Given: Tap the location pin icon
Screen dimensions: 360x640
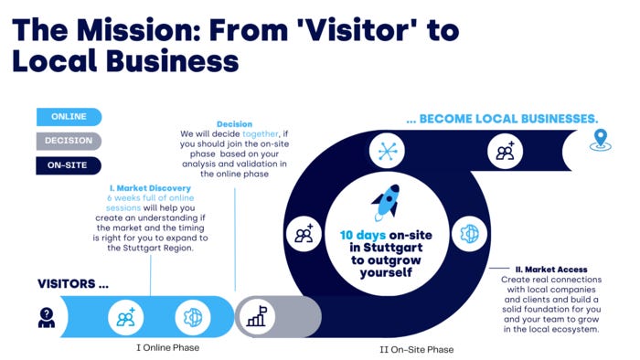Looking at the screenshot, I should pos(601,140).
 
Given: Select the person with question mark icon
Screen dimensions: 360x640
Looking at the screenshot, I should pos(46,317).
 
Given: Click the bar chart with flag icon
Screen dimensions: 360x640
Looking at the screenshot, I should pos(255,316).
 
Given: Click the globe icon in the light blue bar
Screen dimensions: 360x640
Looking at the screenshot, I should pos(193,316).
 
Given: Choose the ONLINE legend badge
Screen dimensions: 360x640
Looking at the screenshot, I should pos(69,117).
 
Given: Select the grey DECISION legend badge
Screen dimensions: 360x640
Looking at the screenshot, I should pos(69,142).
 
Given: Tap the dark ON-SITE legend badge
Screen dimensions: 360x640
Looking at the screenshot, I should pos(69,166).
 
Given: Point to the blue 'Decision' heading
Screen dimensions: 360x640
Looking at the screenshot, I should pos(235,124).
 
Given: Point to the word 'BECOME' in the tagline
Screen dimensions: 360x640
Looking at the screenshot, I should pos(460,119).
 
